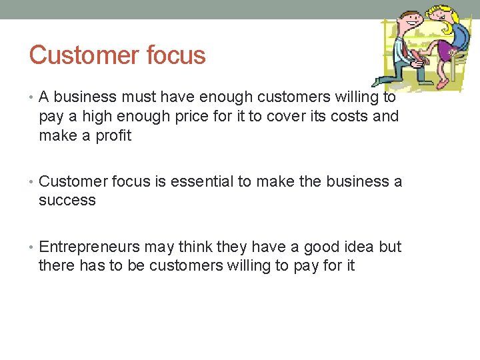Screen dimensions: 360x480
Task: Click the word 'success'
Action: coord(67,201)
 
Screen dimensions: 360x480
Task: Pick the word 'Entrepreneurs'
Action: coord(89,247)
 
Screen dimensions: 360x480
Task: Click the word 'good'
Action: coord(323,247)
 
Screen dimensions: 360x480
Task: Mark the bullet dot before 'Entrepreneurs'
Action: coord(33,247)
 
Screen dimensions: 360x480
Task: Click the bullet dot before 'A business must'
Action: coord(33,97)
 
